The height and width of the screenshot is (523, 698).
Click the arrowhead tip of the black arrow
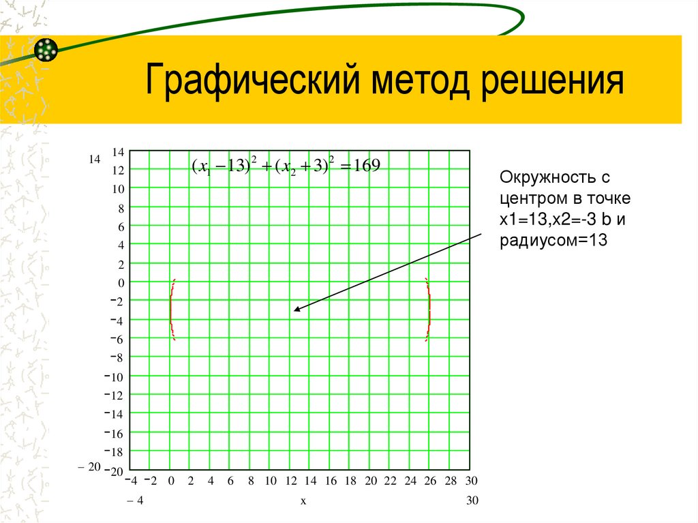click(295, 311)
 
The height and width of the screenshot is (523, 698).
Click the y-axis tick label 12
click(118, 170)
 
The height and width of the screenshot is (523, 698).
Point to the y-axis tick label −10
click(115, 377)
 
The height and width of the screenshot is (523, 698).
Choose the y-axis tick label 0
click(121, 282)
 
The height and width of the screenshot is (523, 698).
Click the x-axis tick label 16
click(331, 481)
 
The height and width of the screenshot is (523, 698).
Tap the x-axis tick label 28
click(451, 481)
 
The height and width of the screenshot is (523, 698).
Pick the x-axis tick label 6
click(230, 481)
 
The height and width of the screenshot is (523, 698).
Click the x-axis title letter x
click(302, 501)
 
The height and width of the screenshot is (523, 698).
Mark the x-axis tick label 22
click(391, 481)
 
